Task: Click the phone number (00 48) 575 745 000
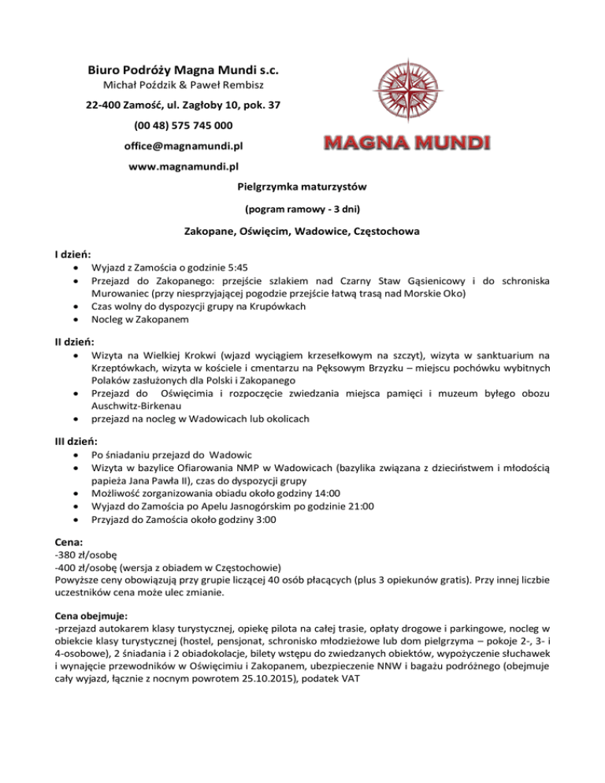tap(183, 125)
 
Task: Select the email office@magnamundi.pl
tap(183, 147)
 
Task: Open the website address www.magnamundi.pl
tap(183, 167)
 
